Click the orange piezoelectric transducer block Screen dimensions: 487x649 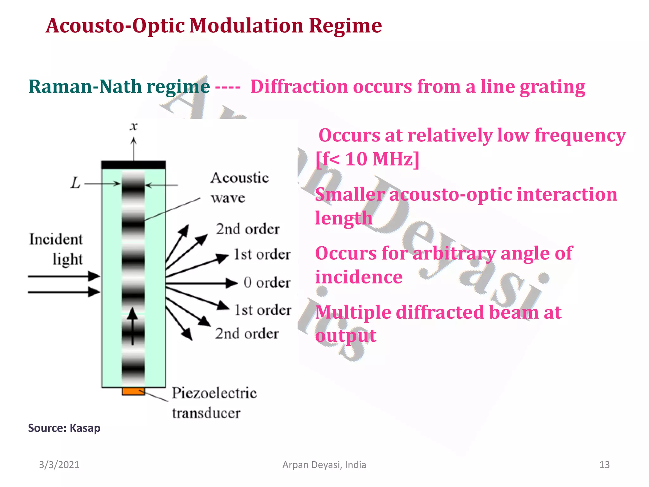[133, 391]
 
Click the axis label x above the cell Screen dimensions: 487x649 [134, 126]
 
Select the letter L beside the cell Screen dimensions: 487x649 [75, 183]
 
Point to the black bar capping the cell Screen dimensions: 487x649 [133, 165]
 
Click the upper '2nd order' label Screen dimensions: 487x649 [247, 229]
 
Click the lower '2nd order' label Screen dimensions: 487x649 [247, 334]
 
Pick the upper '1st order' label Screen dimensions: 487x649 [262, 254]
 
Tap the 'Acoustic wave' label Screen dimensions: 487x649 [239, 188]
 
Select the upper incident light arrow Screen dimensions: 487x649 [63, 276]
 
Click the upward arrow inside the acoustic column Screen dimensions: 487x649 [132, 327]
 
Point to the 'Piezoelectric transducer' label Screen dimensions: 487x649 [214, 403]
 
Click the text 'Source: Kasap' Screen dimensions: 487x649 [64, 428]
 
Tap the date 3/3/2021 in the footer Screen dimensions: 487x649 [59, 465]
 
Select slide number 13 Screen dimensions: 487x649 [604, 465]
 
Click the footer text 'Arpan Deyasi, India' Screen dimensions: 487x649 [324, 465]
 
